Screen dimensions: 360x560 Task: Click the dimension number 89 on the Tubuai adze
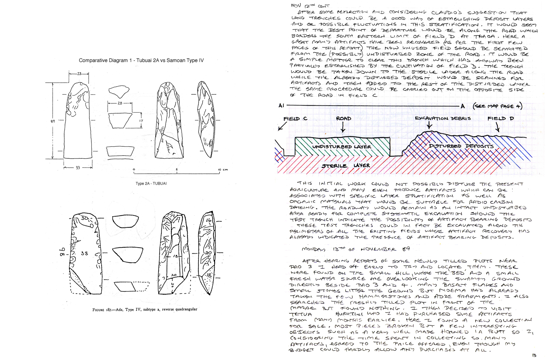pos(53,121)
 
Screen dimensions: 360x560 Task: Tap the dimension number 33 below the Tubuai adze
pos(78,168)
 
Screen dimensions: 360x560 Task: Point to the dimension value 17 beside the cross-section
pos(141,121)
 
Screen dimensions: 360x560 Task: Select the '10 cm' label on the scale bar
pos(223,170)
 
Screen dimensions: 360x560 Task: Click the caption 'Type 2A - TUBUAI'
pos(151,184)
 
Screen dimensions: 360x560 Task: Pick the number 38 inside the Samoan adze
pos(85,253)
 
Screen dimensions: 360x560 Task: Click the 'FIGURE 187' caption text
pos(145,309)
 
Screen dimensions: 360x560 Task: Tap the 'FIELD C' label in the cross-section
pos(295,119)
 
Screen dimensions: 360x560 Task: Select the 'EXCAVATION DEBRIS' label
pos(443,118)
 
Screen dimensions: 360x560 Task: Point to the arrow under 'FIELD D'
pos(497,127)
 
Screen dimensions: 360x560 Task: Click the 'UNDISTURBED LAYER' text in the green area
pos(342,147)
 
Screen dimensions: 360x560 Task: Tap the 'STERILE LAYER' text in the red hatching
pos(346,166)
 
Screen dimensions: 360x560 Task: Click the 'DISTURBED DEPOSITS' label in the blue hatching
pos(461,146)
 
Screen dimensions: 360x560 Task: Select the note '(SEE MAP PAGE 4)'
pos(497,106)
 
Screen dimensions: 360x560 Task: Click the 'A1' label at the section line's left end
pos(281,106)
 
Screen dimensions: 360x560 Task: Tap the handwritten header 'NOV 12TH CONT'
pos(310,6)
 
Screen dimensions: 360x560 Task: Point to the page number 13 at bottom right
pos(534,356)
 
